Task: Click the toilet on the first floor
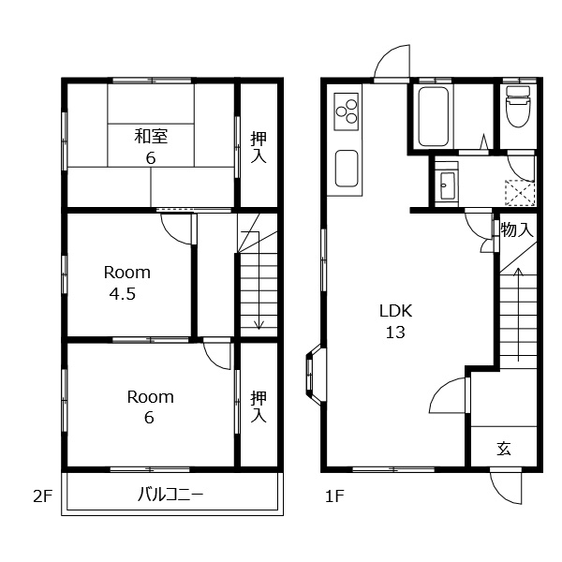(518, 106)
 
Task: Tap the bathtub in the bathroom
(433, 116)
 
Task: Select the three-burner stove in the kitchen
(347, 111)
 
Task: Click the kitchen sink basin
(347, 168)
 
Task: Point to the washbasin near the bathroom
(447, 185)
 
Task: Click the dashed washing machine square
(520, 193)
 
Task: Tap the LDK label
(395, 311)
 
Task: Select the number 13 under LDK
(395, 333)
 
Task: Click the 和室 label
(151, 136)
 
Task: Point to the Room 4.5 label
(126, 283)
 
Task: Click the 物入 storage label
(517, 229)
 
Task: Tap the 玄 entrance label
(504, 449)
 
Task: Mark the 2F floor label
(43, 496)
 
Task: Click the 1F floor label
(334, 496)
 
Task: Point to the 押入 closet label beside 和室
(259, 147)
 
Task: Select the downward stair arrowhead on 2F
(259, 325)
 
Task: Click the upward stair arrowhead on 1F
(518, 272)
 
